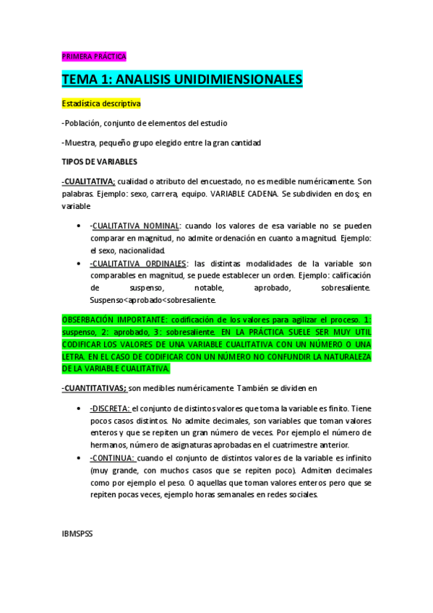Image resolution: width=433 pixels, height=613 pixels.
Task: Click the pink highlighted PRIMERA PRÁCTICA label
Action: (93, 56)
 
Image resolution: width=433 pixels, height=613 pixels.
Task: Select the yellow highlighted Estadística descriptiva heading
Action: (101, 104)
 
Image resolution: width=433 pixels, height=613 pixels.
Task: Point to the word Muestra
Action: (84, 142)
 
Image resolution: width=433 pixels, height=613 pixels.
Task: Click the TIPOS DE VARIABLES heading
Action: (99, 161)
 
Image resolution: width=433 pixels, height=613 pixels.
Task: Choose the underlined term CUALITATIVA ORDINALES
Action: (138, 264)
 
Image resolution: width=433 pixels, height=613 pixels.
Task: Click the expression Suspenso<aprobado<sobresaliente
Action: (153, 300)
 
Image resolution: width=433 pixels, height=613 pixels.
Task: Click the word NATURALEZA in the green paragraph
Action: (339, 357)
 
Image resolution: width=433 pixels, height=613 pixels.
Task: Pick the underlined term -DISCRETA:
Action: (110, 408)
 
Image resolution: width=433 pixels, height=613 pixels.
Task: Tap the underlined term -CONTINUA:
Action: (112, 458)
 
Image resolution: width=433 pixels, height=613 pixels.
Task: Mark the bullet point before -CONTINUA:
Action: (78, 458)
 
